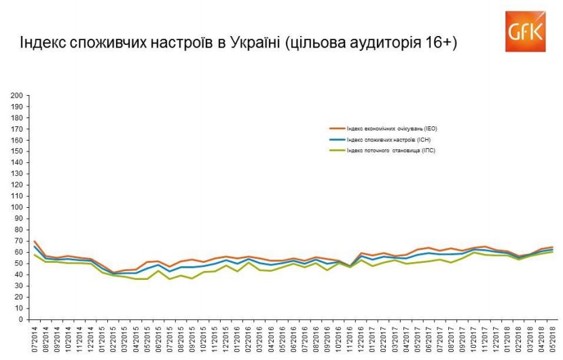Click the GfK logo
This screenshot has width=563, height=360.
525,31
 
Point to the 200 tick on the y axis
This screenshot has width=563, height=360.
18,95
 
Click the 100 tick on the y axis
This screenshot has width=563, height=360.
18,207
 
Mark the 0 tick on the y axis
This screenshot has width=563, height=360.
22,319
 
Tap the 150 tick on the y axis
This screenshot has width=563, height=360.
18,151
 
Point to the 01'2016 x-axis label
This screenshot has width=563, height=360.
237,338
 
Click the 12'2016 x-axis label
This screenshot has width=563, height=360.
361,338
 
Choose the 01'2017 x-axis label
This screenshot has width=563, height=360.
371,338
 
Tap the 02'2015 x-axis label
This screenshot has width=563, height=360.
113,338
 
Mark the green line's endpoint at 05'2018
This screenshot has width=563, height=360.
551,251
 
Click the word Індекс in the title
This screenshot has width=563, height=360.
39,43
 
